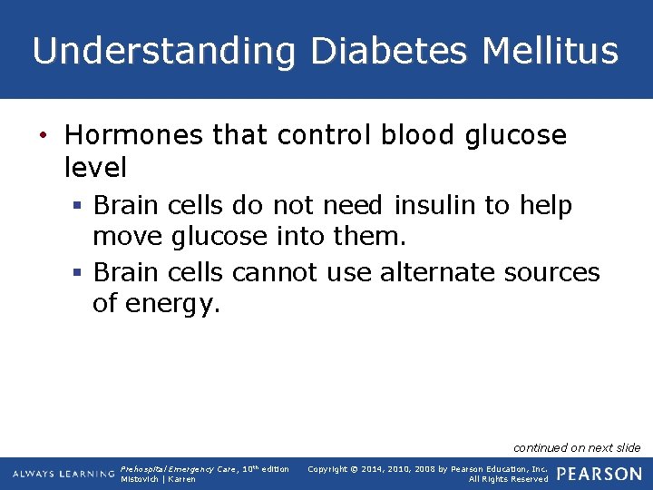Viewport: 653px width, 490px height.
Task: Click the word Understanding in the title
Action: point(164,51)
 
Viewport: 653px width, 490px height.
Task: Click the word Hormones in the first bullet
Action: point(134,135)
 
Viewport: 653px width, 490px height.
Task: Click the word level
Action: point(96,167)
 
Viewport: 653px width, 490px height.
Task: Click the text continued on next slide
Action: point(577,447)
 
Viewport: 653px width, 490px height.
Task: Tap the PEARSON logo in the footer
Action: point(599,474)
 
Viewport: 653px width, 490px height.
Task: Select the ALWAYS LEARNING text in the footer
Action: point(63,475)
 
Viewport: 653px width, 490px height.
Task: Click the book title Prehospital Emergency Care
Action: point(172,469)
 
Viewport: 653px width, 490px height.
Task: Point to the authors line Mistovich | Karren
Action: point(158,479)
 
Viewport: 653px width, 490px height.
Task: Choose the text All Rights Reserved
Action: point(508,479)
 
